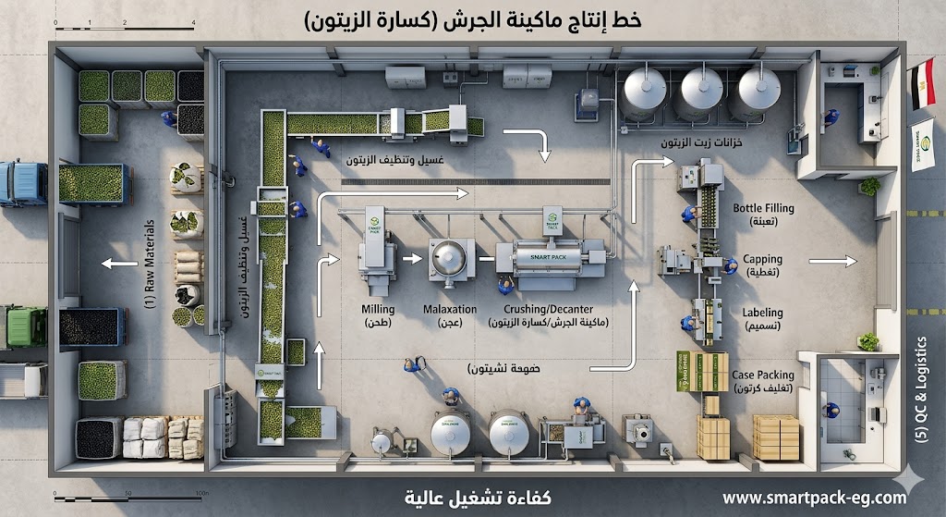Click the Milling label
point(379,309)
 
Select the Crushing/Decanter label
point(549,309)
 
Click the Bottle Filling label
point(762,209)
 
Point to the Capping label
point(762,260)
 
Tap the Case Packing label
point(762,375)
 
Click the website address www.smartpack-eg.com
point(814,498)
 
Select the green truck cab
point(23,326)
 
